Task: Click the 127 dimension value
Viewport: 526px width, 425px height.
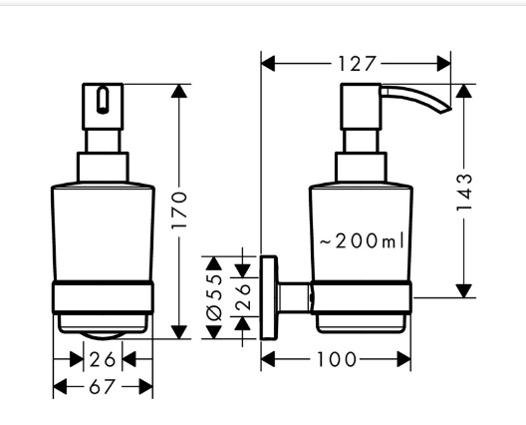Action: [356, 64]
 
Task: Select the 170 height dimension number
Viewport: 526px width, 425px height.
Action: [178, 211]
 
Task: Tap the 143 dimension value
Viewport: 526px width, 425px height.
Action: [464, 193]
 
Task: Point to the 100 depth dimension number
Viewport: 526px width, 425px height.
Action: [336, 359]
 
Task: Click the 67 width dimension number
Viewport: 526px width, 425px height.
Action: [102, 387]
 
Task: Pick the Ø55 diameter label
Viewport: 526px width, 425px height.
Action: [214, 297]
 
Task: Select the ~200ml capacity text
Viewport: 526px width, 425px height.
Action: [362, 240]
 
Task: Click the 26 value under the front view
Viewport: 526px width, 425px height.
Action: [103, 359]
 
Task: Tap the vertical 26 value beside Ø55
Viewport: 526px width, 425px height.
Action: [243, 297]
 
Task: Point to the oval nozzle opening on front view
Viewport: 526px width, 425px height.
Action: [103, 100]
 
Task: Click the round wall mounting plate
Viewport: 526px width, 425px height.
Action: [269, 297]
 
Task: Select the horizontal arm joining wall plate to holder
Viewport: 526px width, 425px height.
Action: [294, 297]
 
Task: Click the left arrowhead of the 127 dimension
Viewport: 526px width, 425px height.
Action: [268, 64]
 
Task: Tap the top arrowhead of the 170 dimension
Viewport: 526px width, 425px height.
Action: [178, 91]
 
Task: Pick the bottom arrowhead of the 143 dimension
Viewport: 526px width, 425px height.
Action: [464, 291]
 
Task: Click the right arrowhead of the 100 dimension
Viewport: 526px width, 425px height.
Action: [403, 359]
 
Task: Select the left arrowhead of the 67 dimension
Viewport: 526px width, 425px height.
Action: [60, 387]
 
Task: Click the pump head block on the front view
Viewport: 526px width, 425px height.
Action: [103, 107]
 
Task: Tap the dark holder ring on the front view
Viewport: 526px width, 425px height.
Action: [103, 297]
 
